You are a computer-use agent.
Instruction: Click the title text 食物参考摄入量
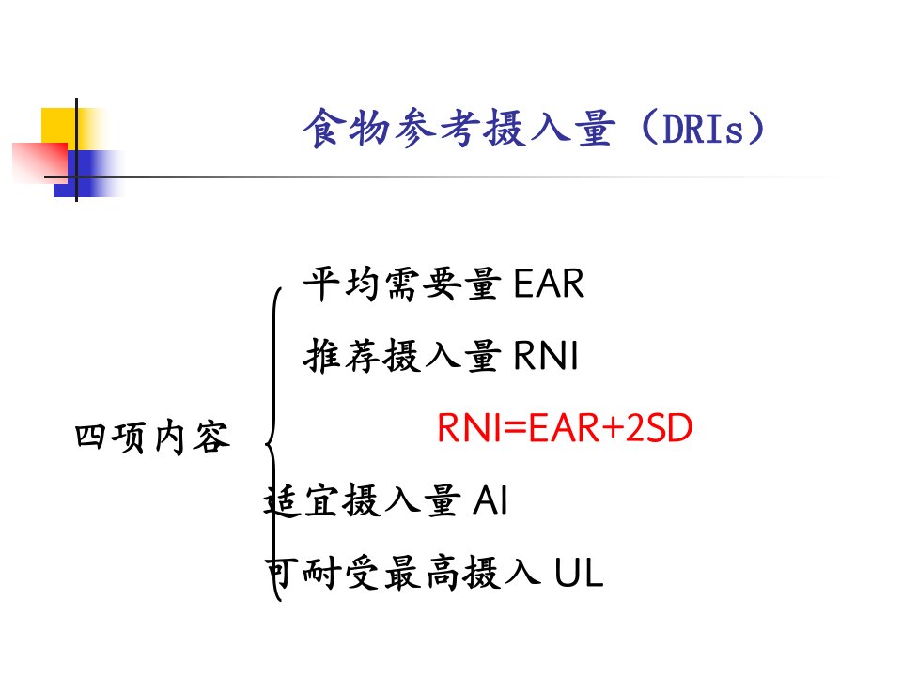tap(459, 128)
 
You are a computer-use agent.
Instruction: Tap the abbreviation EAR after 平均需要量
tap(549, 284)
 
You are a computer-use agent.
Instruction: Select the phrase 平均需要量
tap(401, 284)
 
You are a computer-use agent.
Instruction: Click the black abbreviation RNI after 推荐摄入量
tap(546, 355)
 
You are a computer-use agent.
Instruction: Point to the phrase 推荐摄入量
tap(401, 355)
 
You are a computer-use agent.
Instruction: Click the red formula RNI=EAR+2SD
tap(565, 428)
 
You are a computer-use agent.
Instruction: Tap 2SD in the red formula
tap(659, 428)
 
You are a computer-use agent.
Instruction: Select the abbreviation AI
tap(490, 499)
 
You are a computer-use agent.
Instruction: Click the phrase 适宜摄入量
tap(362, 499)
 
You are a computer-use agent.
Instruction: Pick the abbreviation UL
tap(579, 572)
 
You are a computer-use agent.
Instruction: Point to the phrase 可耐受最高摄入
tap(403, 572)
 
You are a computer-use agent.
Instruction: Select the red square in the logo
tap(40, 162)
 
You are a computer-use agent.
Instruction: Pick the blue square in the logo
tap(81, 174)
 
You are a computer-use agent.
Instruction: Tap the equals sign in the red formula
tap(515, 428)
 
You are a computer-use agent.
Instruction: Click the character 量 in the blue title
tap(595, 128)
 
